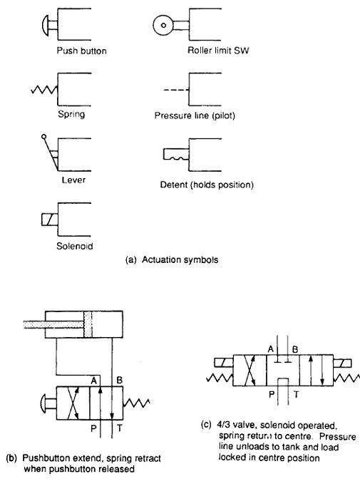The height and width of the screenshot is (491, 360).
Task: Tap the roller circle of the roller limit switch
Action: coord(163,25)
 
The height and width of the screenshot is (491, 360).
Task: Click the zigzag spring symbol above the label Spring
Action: coord(44,90)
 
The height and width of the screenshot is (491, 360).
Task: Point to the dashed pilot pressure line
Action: coord(176,91)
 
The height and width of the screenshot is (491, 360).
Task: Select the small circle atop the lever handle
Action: coord(44,137)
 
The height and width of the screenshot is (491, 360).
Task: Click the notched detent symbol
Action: coord(176,155)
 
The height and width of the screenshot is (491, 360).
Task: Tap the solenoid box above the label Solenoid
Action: coord(49,219)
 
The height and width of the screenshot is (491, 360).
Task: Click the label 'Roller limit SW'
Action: coord(218,51)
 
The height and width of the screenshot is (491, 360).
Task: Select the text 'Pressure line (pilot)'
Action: coord(195,115)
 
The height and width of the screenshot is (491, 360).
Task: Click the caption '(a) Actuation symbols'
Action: coord(172,260)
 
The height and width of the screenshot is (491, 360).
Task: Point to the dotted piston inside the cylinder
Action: coord(88,324)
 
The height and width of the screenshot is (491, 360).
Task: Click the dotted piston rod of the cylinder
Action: coord(53,325)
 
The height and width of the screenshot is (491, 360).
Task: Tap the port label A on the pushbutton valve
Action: coord(93,381)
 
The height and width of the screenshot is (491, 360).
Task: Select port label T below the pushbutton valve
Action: coord(119,428)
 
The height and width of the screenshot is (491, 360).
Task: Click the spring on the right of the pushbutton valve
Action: coord(137,403)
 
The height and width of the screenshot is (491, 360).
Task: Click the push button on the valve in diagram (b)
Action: coord(48,403)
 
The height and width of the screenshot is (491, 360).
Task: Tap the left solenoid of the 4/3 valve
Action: coord(224,363)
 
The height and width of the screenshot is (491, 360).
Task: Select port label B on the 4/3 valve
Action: coord(295,349)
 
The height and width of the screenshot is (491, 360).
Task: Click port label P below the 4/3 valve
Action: coord(272,394)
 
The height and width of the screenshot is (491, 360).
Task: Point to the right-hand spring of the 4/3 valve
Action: coord(346,378)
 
